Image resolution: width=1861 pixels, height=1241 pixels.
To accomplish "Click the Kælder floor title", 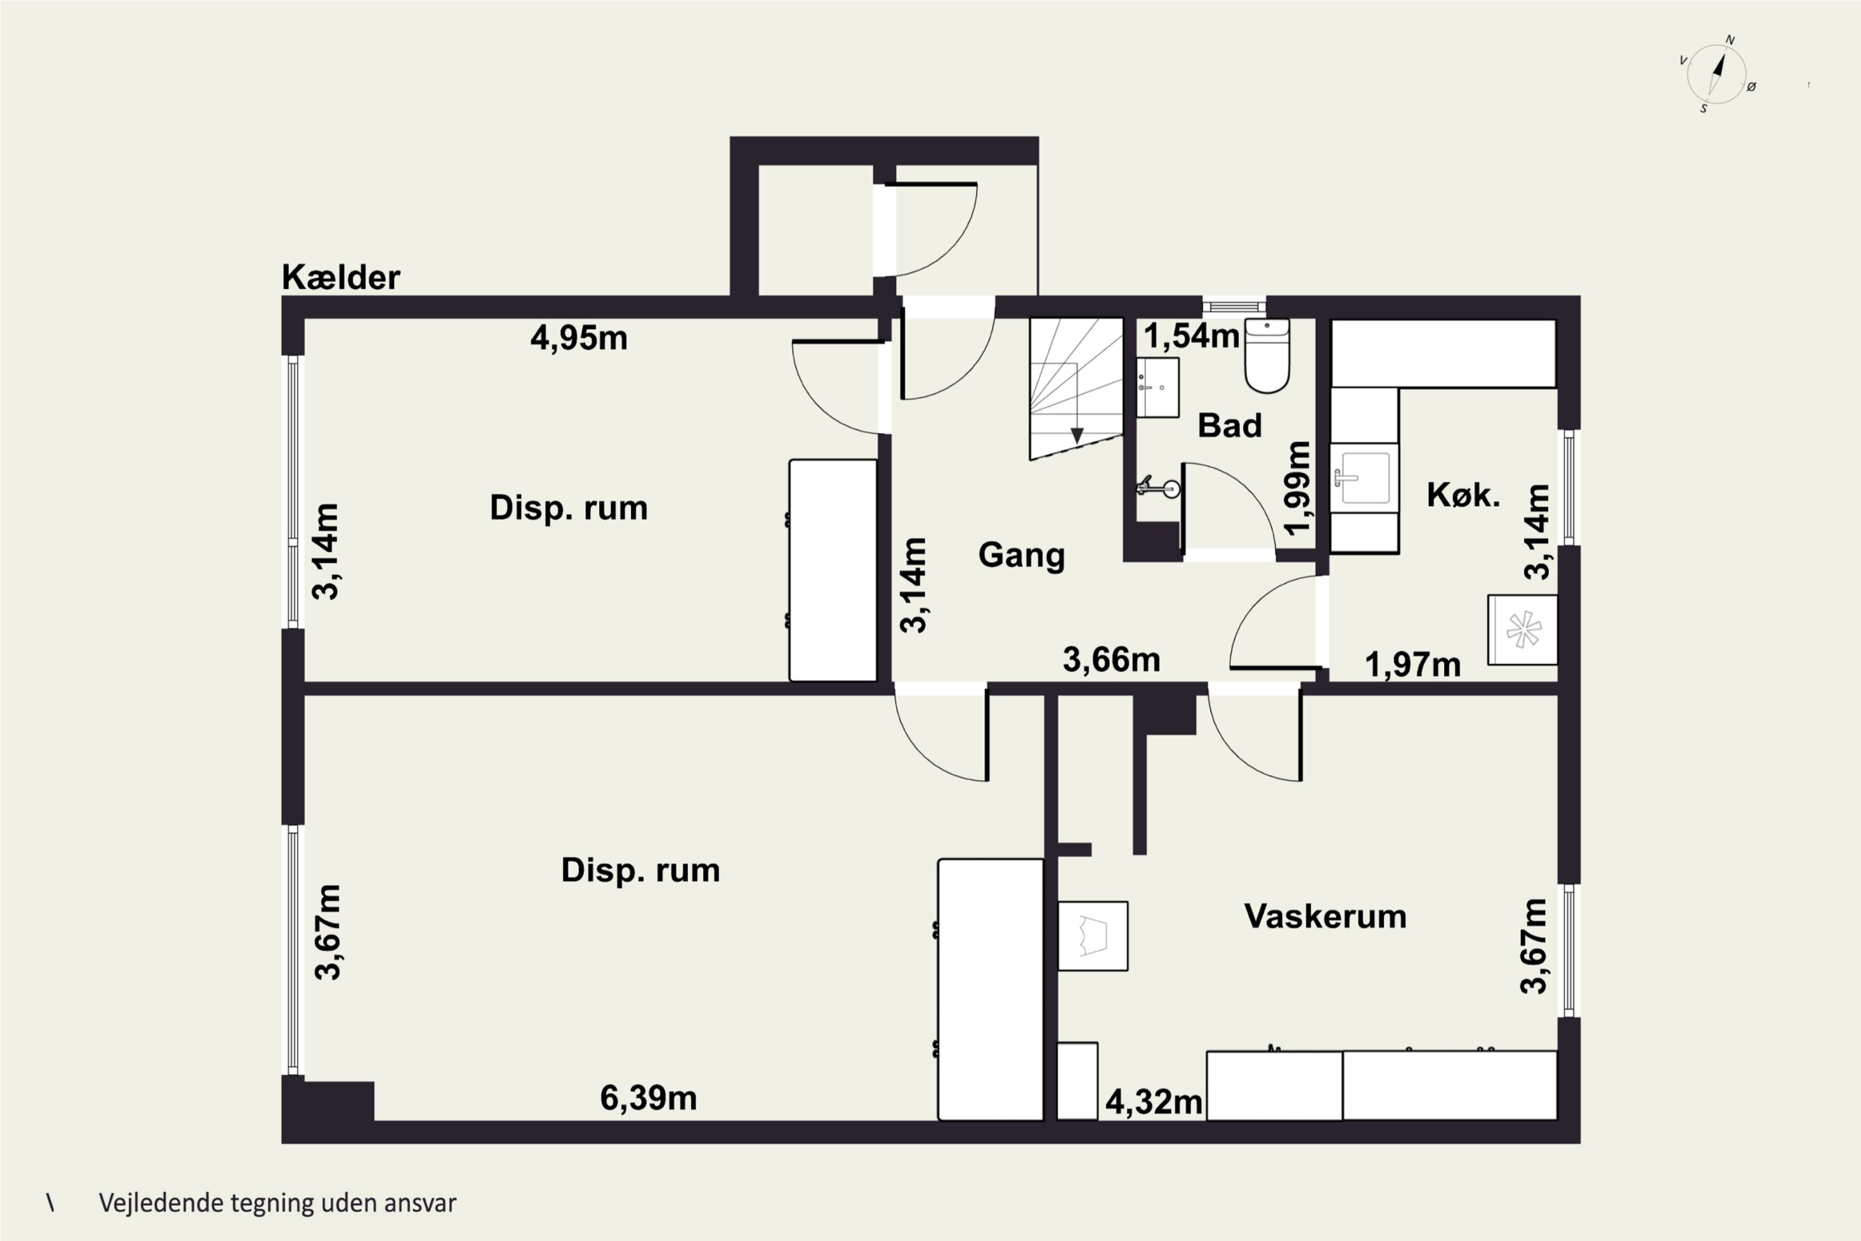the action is [341, 277].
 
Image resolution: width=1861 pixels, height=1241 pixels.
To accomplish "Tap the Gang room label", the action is [1022, 555].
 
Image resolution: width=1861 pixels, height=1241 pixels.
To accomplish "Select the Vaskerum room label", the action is [1325, 916].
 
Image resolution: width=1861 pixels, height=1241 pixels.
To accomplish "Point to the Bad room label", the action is [1230, 426].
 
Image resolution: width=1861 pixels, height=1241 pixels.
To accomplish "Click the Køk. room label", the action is [1463, 495].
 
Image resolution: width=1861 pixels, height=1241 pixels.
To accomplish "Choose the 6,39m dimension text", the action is [649, 1098].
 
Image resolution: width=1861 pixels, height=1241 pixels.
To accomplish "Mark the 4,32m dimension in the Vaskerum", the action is [1154, 1102].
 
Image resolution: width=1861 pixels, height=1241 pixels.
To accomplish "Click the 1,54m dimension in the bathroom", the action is [1192, 336].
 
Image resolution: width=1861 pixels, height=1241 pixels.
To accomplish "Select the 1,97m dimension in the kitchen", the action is [1413, 665].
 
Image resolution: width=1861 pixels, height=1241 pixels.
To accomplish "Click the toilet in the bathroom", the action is [1267, 356].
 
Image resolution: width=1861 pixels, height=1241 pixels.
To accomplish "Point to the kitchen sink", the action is [1364, 478].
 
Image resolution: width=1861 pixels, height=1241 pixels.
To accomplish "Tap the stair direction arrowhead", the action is [1077, 436].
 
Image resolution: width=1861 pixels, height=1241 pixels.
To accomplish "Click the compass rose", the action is [1716, 74].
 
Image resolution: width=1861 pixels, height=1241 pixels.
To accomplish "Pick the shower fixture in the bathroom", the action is [1159, 488].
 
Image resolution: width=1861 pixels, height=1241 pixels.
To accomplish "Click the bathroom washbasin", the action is [1158, 387].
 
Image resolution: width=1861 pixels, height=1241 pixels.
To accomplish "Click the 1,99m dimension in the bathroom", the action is [1298, 488].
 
